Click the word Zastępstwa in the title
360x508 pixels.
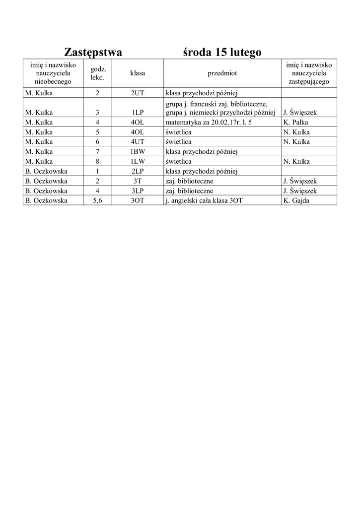coord(93,52)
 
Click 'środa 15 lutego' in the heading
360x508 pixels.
coord(222,52)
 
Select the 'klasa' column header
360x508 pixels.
coord(138,73)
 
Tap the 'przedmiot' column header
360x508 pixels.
coord(222,73)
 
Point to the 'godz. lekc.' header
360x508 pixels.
coord(97,73)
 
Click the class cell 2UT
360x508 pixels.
coord(138,93)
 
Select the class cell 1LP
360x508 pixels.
coord(138,113)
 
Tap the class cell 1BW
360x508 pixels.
coord(138,151)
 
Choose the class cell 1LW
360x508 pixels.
coord(138,161)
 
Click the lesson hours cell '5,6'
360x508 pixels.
coord(97,200)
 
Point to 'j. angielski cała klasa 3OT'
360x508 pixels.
coord(205,200)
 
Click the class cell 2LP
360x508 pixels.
coord(138,171)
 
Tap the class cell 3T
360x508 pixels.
coord(138,181)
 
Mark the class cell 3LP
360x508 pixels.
coord(138,190)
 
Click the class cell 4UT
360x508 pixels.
coord(138,142)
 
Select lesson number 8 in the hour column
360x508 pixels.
coord(97,161)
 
